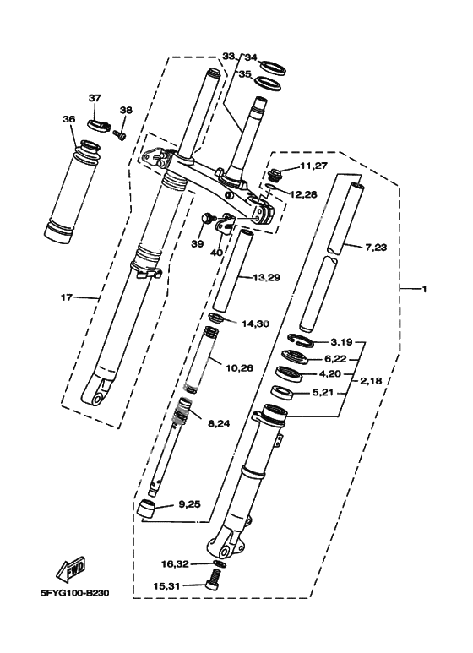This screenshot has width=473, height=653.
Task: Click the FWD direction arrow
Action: point(71,569)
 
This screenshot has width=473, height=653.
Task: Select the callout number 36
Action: point(68,119)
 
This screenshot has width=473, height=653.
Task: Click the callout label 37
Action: point(95,98)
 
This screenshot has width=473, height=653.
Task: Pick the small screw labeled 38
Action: point(119,134)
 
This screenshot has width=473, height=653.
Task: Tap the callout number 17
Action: point(67,297)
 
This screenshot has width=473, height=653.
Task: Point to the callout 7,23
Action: point(376,248)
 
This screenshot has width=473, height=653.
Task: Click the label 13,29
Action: point(266,278)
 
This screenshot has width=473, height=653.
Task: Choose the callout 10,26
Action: point(239,368)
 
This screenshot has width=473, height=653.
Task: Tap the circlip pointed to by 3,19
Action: point(301,340)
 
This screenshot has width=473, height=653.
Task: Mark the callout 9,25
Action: point(189,504)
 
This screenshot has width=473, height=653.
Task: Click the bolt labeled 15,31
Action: point(212,580)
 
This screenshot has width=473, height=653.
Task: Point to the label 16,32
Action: point(175,564)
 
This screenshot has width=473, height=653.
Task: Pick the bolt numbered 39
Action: point(208,218)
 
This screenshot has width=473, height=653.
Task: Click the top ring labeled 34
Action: point(274,68)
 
